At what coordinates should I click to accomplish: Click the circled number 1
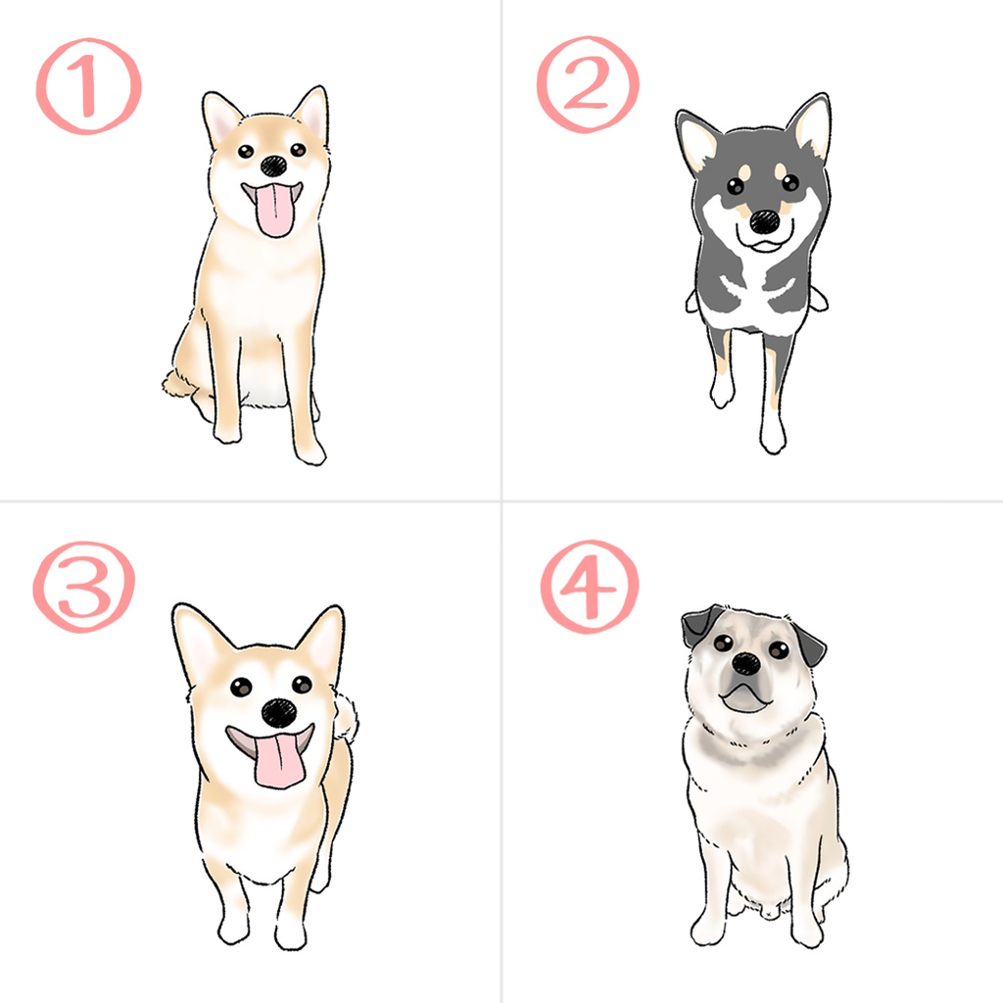pos(88,86)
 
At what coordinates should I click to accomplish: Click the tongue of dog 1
pos(273,211)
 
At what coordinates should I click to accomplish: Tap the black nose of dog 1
pos(273,166)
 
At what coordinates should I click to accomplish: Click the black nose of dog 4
pos(746,663)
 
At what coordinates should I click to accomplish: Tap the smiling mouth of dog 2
pos(762,240)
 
